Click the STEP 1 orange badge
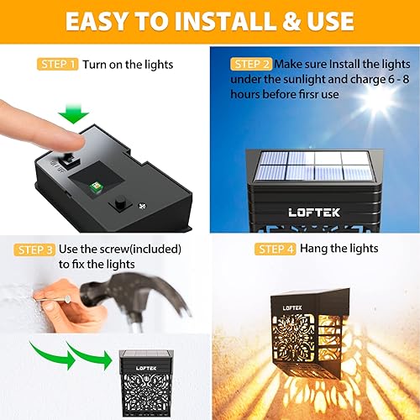(58, 64)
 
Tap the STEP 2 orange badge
(249, 64)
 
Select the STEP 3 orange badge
(34, 249)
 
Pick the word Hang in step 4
(315, 249)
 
